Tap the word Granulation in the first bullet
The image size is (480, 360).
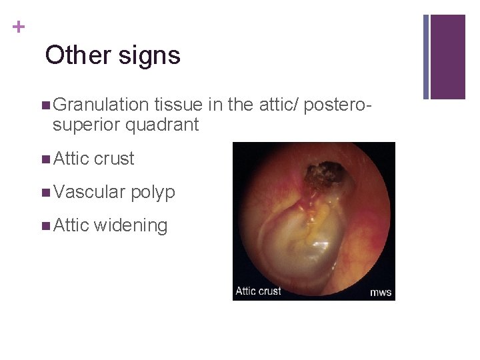(101, 105)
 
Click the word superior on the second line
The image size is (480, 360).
(86, 125)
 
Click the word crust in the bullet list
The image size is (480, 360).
(114, 159)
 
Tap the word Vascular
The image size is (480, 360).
(89, 192)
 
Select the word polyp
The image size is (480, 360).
(153, 193)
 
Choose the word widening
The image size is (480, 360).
(131, 225)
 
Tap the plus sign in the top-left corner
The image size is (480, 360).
(18, 27)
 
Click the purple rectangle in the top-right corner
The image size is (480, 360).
(448, 57)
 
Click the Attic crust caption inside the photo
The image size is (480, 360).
(259, 291)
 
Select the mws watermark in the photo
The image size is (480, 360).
(381, 292)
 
